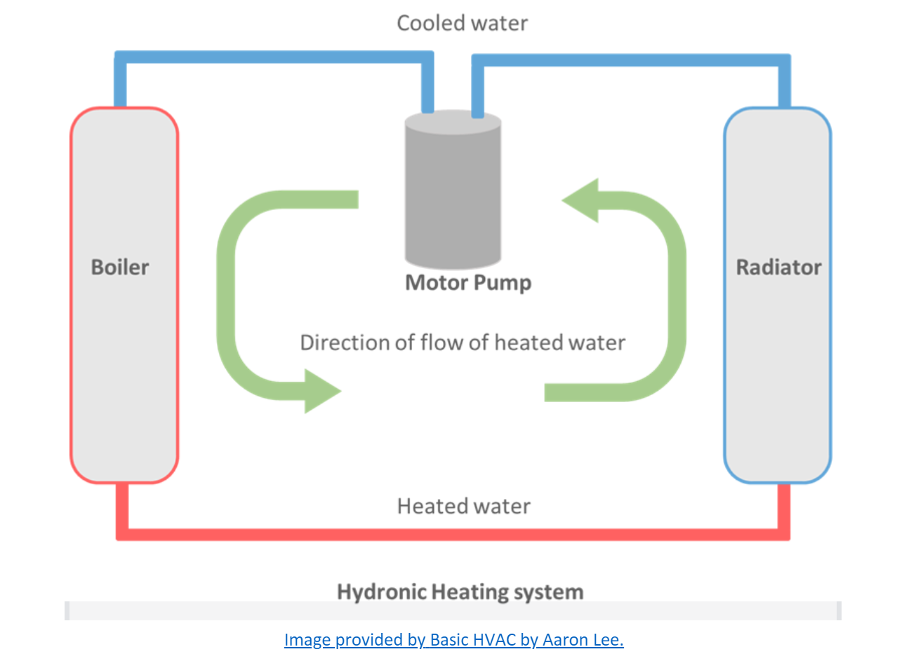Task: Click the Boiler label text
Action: coord(120,267)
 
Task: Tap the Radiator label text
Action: coord(778,267)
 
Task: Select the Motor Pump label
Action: coord(468,283)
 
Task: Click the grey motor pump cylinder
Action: coord(453,196)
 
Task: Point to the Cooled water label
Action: coord(462,23)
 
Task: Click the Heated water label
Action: coord(463,506)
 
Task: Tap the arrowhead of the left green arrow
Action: coord(321,391)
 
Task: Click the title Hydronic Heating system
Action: coord(460,592)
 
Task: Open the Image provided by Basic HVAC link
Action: coord(453,639)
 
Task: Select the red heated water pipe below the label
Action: coord(453,534)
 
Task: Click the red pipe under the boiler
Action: coord(121,509)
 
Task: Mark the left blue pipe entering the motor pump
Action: coord(427,84)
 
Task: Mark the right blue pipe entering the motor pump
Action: coord(478,88)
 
